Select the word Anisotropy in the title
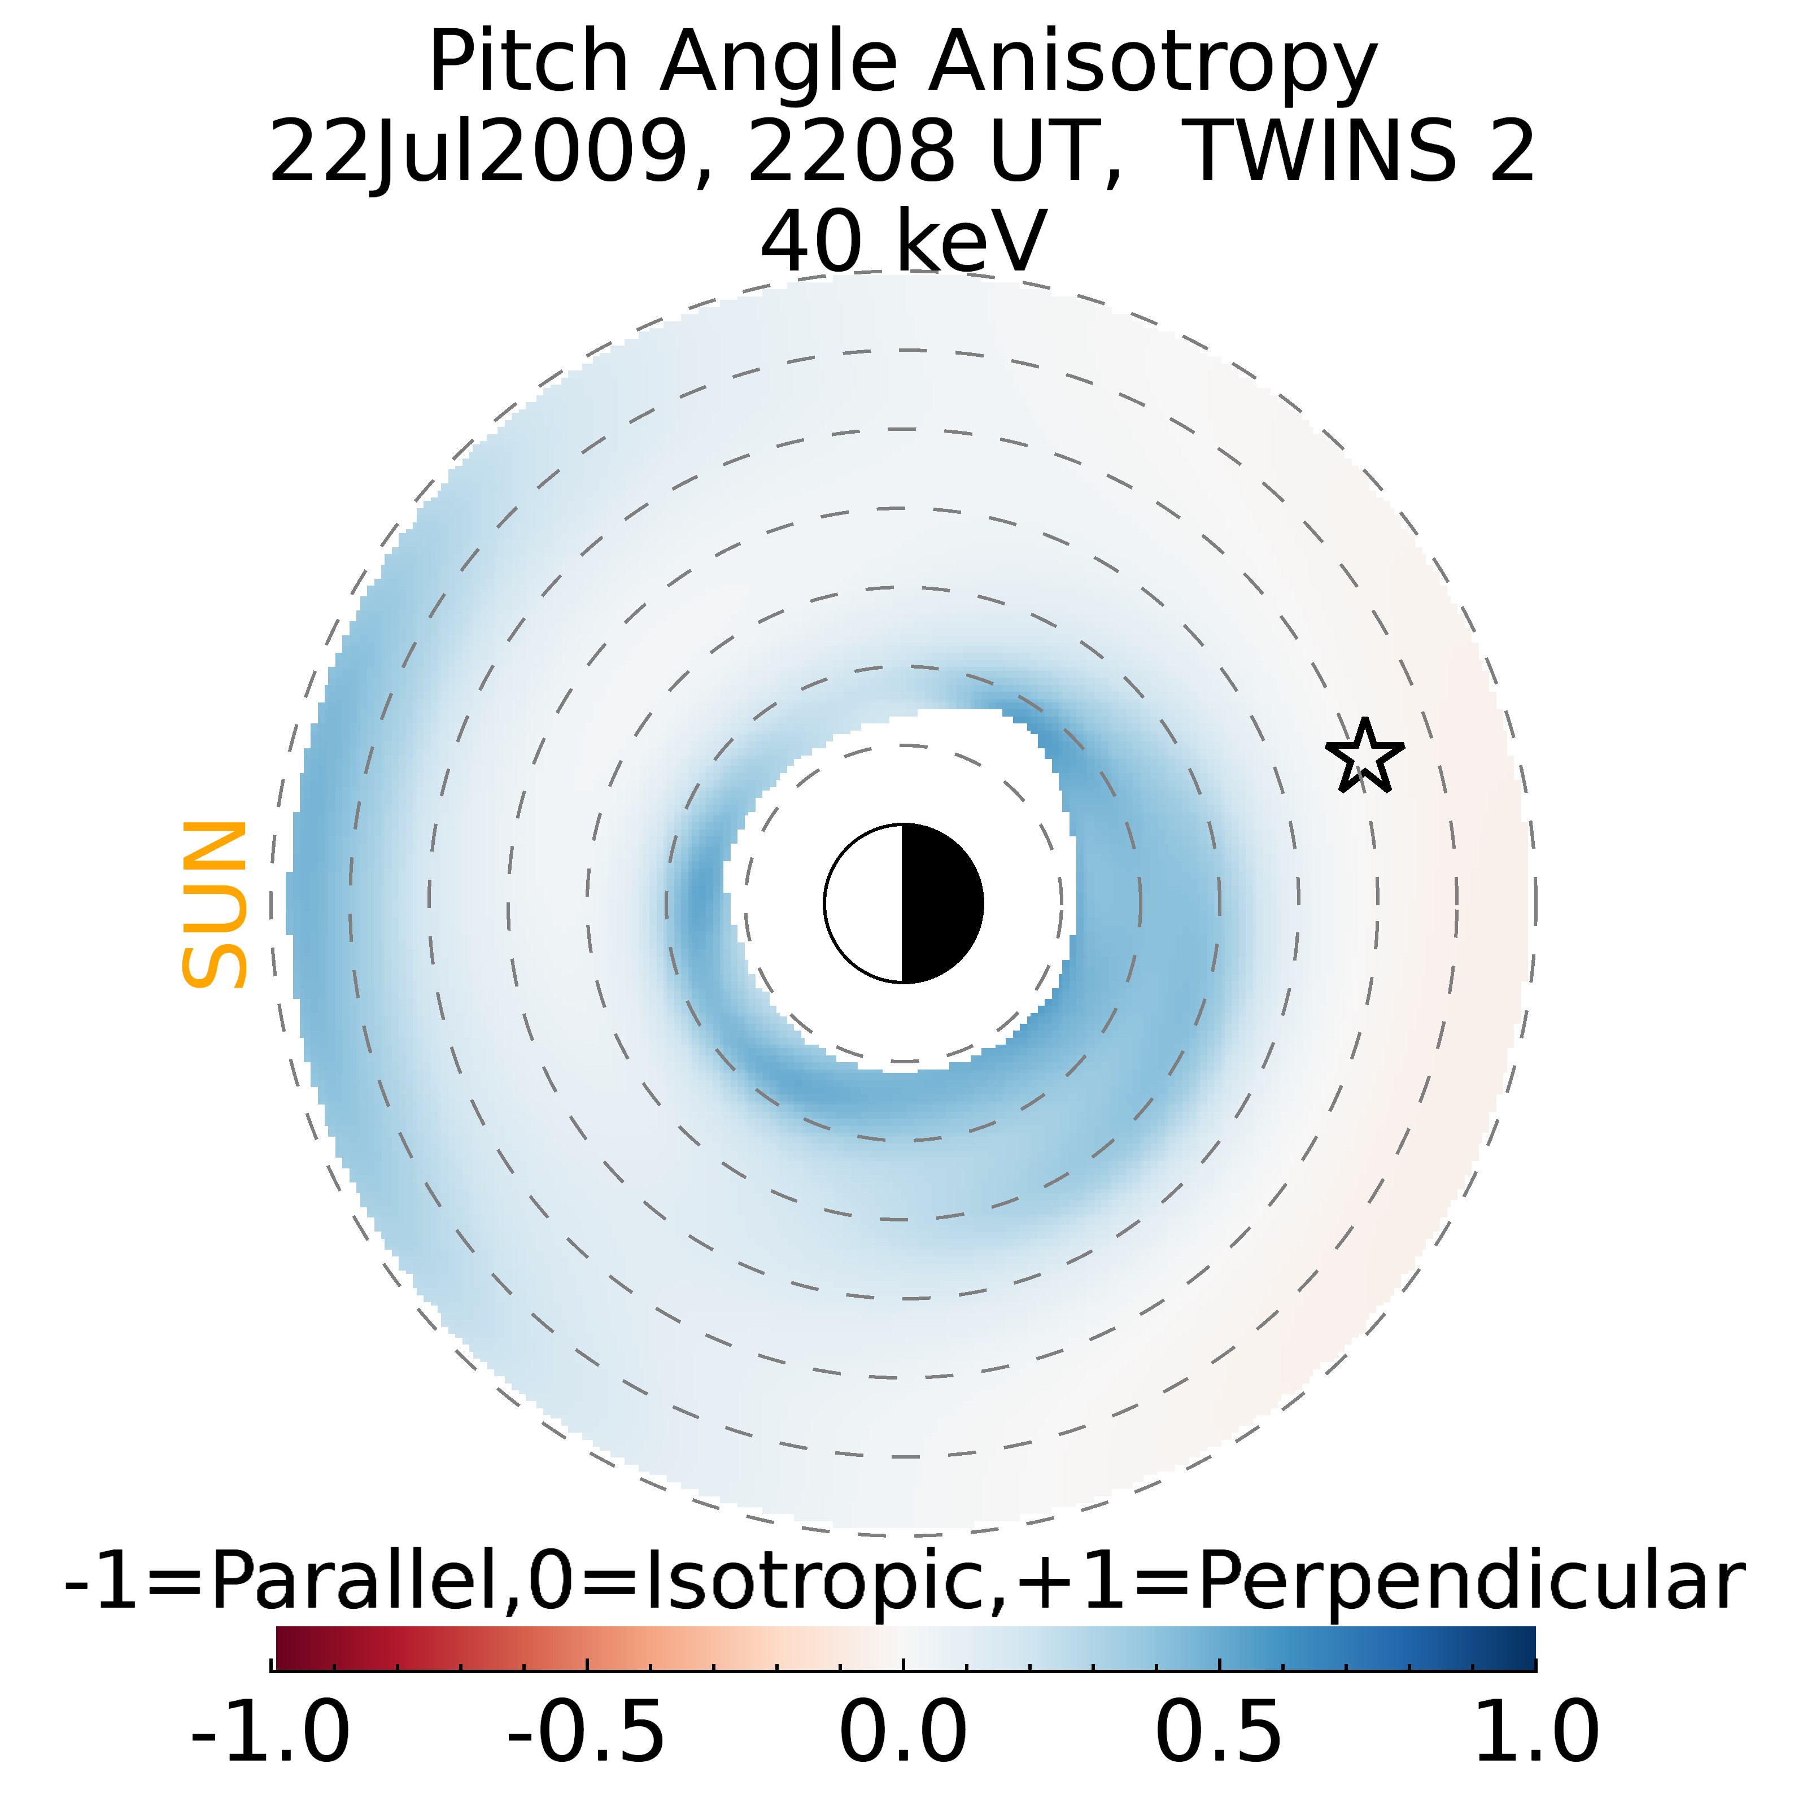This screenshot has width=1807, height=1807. (1153, 64)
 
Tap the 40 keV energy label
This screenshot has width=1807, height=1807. (902, 241)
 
